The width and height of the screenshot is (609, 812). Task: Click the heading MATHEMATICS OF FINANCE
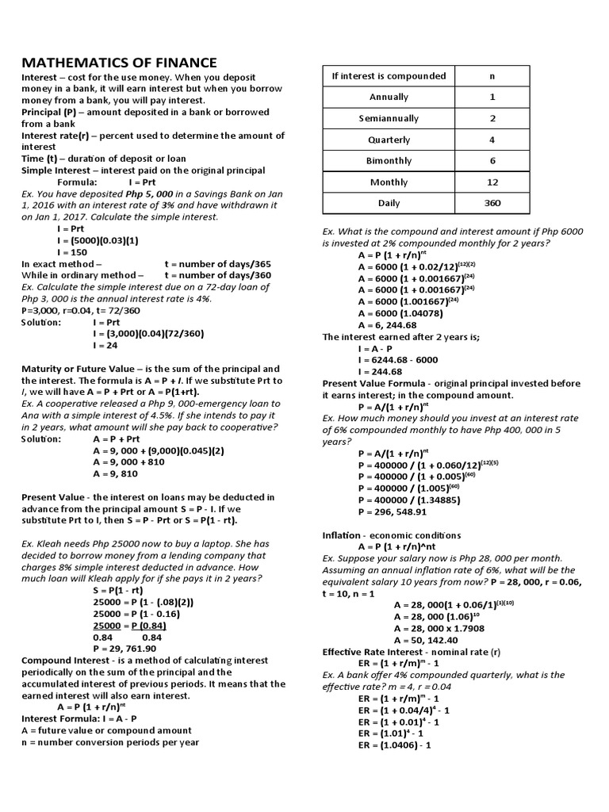118,63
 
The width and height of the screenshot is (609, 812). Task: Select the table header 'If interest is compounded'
389,76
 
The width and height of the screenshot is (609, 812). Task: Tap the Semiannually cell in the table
389,118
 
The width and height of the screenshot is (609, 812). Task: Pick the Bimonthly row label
389,161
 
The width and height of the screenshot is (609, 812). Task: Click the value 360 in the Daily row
492,204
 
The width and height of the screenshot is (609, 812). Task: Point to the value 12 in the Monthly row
492,182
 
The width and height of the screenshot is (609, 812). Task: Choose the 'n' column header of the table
492,76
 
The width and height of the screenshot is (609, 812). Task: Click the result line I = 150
75,252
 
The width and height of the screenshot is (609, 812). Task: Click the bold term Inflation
342,535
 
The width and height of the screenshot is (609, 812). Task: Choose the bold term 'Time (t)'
40,159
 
